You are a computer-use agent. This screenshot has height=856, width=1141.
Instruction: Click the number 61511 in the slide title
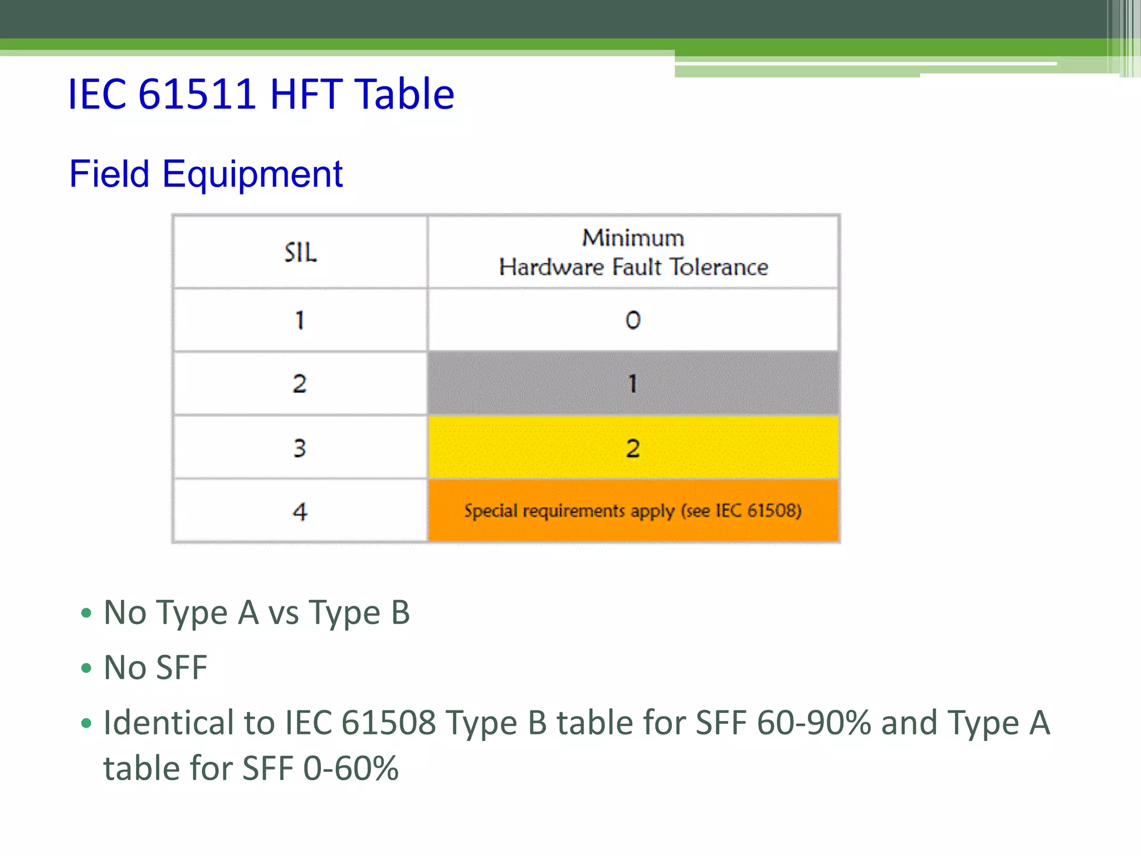click(197, 94)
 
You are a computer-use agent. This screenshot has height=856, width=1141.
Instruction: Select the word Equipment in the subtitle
click(252, 174)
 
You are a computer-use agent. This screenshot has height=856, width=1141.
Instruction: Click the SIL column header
click(300, 252)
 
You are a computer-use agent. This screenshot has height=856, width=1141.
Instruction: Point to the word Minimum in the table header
click(633, 238)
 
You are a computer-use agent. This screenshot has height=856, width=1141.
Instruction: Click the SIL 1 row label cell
click(300, 320)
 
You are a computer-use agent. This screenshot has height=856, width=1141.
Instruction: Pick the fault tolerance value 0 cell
click(633, 320)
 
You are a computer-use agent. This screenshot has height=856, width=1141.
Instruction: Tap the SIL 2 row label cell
click(300, 383)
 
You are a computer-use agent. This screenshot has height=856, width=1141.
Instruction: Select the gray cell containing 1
click(633, 383)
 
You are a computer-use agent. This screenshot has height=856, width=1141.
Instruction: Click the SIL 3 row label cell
click(300, 448)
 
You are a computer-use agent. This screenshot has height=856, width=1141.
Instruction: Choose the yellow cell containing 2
click(633, 448)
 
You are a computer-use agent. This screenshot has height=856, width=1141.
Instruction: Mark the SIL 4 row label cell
click(300, 511)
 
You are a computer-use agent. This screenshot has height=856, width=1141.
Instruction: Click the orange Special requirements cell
click(633, 511)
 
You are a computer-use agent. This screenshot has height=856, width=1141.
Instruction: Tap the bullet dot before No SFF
click(86, 668)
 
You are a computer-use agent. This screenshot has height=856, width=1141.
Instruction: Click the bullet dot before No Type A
click(86, 613)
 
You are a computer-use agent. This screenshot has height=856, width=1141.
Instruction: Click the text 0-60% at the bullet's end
click(351, 769)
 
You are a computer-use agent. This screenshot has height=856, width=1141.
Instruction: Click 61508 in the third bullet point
click(388, 723)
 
